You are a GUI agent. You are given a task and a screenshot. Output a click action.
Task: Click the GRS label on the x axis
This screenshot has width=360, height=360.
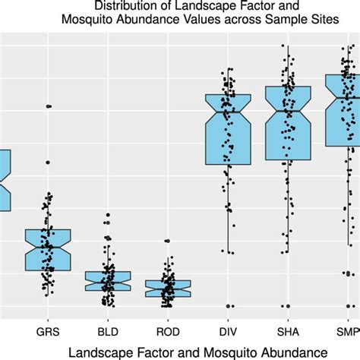[x=49, y=332]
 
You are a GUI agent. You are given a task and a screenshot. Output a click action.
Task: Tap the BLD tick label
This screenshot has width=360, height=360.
[x=108, y=332]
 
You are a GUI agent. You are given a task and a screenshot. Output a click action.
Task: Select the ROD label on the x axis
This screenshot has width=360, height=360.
[x=168, y=332]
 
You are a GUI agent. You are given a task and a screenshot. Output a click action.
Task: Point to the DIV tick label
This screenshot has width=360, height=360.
[x=228, y=332]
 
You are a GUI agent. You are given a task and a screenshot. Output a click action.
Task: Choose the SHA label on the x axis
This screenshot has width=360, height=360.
[x=288, y=332]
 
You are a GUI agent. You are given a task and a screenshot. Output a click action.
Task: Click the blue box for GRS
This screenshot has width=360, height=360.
[x=49, y=249]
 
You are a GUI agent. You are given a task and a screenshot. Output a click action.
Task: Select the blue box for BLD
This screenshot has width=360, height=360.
[x=108, y=281]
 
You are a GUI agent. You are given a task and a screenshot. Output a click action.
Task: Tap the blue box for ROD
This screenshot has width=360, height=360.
[x=168, y=288]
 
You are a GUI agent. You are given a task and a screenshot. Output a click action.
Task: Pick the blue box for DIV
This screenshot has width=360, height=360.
[x=228, y=129]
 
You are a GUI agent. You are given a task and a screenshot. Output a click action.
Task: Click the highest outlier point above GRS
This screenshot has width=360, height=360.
[x=49, y=106]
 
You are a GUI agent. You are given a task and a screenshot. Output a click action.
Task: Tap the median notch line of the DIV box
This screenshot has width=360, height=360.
[x=228, y=112]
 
